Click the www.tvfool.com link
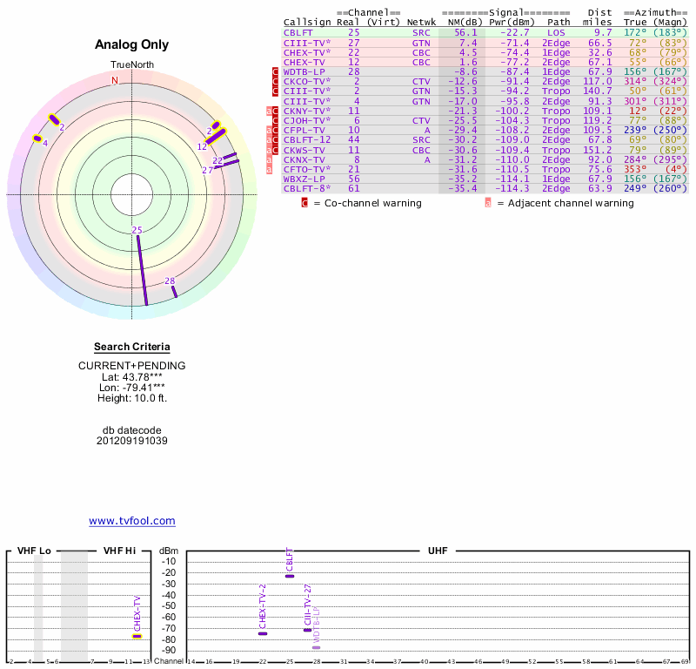pyautogui.click(x=132, y=521)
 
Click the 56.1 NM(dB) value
pyautogui.click(x=468, y=32)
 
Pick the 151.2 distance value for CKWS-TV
pyautogui.click(x=598, y=150)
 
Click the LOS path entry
pyautogui.click(x=556, y=32)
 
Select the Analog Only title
pyautogui.click(x=132, y=45)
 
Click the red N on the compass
pyautogui.click(x=115, y=80)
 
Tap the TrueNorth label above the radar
pyautogui.click(x=131, y=65)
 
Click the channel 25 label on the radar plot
pyautogui.click(x=137, y=230)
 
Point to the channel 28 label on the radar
pyautogui.click(x=170, y=280)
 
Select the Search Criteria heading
pyautogui.click(x=132, y=347)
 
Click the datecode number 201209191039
pyautogui.click(x=132, y=441)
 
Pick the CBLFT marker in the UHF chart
pyautogui.click(x=290, y=577)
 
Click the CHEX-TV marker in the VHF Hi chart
pyautogui.click(x=137, y=636)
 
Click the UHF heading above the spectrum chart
pyautogui.click(x=437, y=551)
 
